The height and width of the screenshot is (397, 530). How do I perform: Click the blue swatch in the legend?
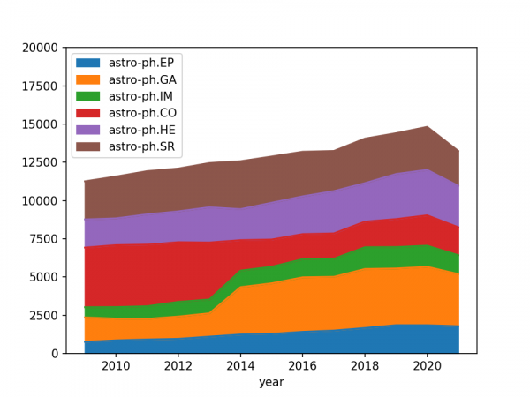(89, 63)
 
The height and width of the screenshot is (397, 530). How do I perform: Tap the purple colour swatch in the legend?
(89, 129)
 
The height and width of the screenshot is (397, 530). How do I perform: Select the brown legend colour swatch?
(89, 146)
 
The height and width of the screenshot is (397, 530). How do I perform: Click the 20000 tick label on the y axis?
(42, 48)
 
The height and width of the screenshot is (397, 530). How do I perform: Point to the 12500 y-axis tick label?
(42, 162)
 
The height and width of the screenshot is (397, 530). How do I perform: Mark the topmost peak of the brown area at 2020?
(428, 126)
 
